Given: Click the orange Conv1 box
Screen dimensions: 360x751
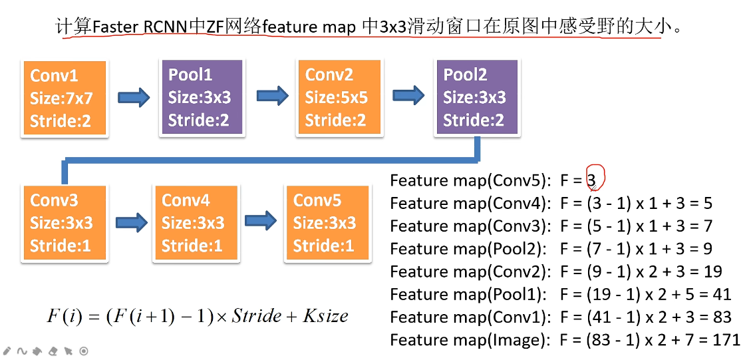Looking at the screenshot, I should point(64,98).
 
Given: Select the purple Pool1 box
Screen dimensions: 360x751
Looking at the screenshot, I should point(202,97).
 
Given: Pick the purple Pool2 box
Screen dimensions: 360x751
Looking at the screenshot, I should point(476,97).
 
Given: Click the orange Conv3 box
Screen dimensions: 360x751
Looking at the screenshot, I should point(64,224).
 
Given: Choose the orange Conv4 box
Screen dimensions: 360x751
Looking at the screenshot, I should point(196,222).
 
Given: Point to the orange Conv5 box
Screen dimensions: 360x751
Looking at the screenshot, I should point(327,222).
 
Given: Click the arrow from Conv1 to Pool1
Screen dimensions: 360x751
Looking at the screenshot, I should point(134,97).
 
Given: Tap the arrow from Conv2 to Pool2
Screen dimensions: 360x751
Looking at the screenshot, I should point(408,96).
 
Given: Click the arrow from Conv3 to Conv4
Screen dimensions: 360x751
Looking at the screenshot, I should point(131,221).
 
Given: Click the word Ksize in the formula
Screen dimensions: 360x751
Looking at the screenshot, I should point(325,315).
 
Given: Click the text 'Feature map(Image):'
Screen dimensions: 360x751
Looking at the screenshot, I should point(470,339).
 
